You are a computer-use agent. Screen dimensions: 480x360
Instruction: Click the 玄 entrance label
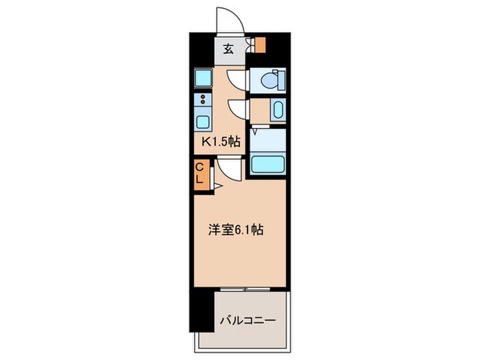[x=228, y=49]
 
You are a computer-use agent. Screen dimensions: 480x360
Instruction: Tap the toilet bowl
[x=269, y=80]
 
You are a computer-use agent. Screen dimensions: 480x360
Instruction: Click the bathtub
[x=267, y=165]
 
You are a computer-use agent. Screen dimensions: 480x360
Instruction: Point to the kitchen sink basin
[x=203, y=122]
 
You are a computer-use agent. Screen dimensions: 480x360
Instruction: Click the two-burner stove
[x=203, y=99]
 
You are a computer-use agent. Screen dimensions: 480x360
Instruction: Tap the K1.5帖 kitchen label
[x=221, y=141]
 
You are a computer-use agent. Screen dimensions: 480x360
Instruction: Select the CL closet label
[x=200, y=173]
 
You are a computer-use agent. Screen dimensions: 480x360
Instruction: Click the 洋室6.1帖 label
[x=236, y=230]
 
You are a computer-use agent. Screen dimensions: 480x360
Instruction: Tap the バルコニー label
[x=248, y=320]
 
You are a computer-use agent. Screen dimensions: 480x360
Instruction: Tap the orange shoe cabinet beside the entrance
[x=261, y=45]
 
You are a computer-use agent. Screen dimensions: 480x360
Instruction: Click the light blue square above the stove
[x=203, y=77]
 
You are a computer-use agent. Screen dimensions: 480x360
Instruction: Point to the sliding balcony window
[x=245, y=289]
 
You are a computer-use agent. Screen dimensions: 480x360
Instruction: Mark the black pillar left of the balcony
[x=202, y=311]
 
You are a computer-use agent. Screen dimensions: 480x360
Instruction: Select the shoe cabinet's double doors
[x=252, y=45]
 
